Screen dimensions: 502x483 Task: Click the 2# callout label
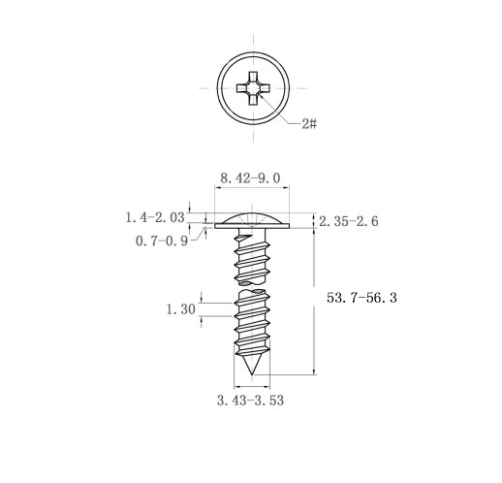coord(309,123)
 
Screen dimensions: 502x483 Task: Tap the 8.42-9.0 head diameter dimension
coord(250,178)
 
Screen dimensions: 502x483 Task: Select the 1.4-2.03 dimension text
coord(155,217)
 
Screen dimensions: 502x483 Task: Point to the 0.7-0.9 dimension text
coord(162,241)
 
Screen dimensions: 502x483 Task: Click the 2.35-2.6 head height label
coord(349,221)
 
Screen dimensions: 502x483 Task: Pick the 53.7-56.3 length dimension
coord(361,298)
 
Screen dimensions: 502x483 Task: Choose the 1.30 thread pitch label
coord(181,309)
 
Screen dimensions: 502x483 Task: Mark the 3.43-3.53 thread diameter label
coord(250,401)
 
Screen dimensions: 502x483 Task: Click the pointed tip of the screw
coord(252,374)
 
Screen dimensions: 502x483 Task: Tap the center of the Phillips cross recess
coord(253,88)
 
